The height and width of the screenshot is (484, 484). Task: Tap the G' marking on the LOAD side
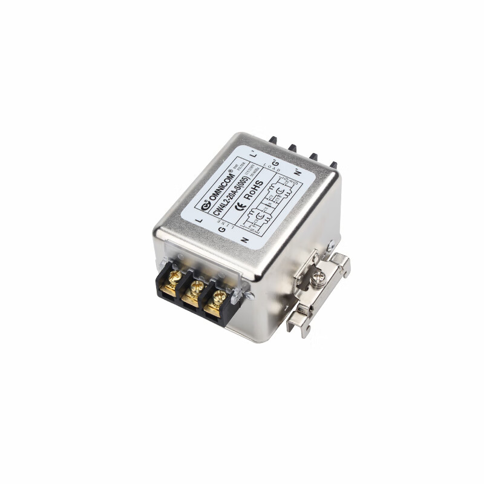point(275,163)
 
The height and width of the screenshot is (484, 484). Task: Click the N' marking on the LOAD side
point(297,172)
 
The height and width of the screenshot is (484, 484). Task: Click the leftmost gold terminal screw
point(174,280)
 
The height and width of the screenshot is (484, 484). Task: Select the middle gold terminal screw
point(195,289)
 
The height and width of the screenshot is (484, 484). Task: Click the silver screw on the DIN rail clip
point(321,276)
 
